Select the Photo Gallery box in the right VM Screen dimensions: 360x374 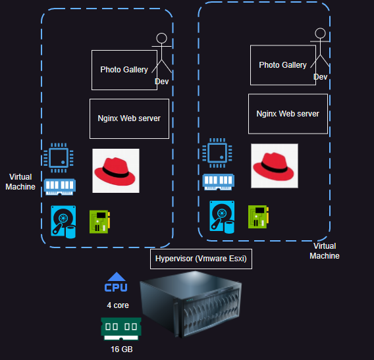(282, 65)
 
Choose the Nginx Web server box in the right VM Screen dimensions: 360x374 (288, 114)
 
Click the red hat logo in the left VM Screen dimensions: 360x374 (115, 170)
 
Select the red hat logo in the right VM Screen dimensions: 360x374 (274, 166)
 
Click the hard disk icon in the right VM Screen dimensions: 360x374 (222, 217)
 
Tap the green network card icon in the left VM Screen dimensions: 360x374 (99, 221)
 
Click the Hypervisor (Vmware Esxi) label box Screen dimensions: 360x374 (201, 259)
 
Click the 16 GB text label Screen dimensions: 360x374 (121, 349)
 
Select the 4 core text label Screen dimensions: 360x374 (118, 305)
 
